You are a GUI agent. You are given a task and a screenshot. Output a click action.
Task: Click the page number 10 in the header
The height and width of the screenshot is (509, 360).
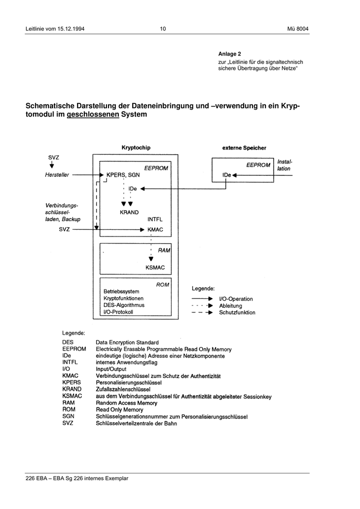tap(163, 29)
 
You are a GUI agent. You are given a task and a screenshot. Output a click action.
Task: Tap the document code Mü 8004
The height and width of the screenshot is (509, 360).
tap(298, 29)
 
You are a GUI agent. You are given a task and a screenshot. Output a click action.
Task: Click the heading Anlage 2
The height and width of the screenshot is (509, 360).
tap(229, 53)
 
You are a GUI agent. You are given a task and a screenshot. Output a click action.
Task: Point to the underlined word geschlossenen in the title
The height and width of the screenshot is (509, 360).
tap(93, 115)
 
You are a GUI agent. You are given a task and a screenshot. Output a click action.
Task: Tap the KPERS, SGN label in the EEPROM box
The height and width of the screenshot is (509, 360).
tap(123, 175)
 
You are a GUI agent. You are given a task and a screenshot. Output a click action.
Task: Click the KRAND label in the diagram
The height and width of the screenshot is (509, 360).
tap(129, 212)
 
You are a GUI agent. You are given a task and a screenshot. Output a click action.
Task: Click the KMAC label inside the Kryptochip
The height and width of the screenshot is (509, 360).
tap(155, 230)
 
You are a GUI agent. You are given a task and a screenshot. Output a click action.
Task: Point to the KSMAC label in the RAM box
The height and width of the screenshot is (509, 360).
tap(155, 267)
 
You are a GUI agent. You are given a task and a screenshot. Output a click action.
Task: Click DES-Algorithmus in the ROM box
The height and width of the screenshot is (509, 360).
tap(124, 305)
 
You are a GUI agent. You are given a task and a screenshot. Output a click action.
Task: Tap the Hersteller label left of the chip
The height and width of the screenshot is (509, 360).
tap(56, 175)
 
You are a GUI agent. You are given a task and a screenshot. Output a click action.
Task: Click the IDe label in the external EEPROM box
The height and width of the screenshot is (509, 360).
tap(227, 175)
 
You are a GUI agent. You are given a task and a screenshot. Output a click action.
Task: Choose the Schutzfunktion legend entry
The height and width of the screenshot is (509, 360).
tap(237, 313)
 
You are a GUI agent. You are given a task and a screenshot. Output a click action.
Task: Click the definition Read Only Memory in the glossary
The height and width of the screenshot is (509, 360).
tap(119, 410)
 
